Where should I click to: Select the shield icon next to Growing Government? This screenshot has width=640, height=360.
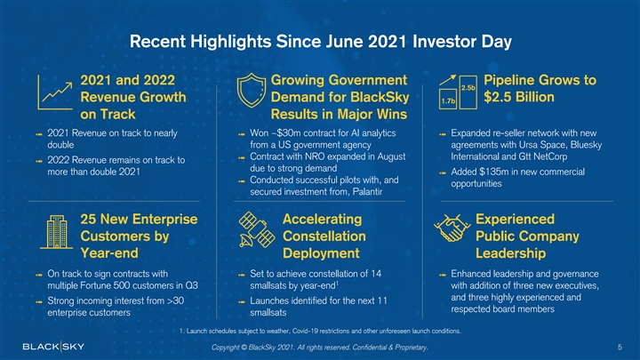(253, 93)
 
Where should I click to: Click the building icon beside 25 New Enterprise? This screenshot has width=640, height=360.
(51, 236)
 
